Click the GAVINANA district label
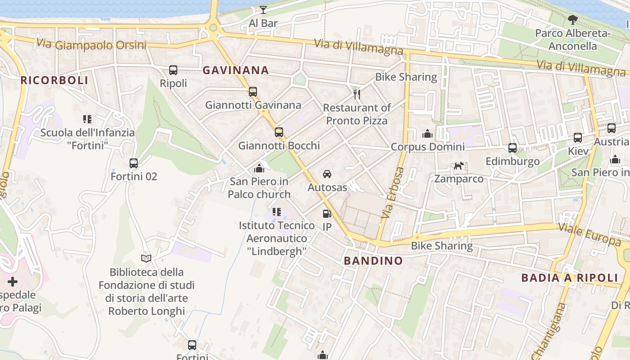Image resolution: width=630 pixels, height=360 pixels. pyautogui.click(x=235, y=70)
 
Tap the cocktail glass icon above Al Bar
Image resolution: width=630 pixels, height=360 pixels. pyautogui.click(x=263, y=9)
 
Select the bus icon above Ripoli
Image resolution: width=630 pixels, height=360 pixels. pyautogui.click(x=173, y=70)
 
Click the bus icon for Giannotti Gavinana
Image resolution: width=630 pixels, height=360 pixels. pyautogui.click(x=253, y=92)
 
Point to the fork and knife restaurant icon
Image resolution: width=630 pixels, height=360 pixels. pyautogui.click(x=357, y=94)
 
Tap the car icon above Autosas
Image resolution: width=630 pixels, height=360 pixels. pyautogui.click(x=327, y=174)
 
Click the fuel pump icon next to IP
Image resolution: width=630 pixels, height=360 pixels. pyautogui.click(x=327, y=214)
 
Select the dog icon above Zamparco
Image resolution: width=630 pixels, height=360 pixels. pyautogui.click(x=459, y=166)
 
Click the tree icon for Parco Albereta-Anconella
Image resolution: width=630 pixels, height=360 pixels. pyautogui.click(x=572, y=19)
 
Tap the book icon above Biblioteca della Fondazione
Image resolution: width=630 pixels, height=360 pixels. pyautogui.click(x=146, y=258)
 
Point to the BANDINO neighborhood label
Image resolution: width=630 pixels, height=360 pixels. pyautogui.click(x=373, y=261)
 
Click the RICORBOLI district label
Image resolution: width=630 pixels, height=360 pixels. pyautogui.click(x=54, y=80)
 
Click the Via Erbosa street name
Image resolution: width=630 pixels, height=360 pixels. pyautogui.click(x=392, y=193)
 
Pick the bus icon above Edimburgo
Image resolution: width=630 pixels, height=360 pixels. pyautogui.click(x=512, y=148)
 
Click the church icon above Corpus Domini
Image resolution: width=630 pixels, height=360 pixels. pyautogui.click(x=427, y=134)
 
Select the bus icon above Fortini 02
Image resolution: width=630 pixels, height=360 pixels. pyautogui.click(x=134, y=163)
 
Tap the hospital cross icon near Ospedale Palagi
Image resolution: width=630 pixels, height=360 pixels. pyautogui.click(x=13, y=282)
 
